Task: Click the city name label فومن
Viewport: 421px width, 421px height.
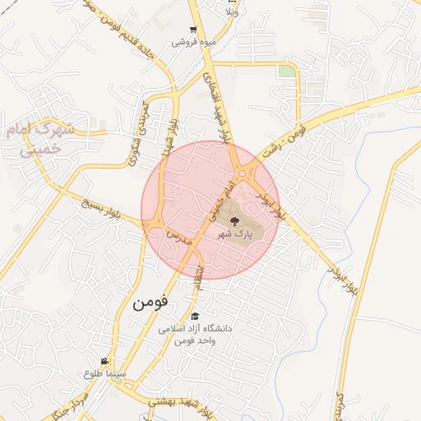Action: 150,302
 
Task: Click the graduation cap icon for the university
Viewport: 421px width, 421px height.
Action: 195,317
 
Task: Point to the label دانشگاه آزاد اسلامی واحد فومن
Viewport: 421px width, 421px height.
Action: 197,334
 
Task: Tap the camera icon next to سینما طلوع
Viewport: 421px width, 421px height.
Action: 104,362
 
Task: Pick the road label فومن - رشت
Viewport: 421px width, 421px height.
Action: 284,141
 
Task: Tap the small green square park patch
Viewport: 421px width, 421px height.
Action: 285,72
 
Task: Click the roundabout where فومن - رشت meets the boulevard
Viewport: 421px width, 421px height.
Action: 244,172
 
